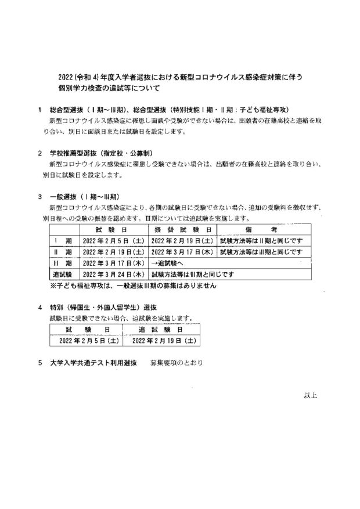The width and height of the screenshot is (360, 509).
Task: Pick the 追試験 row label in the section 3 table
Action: pos(62,273)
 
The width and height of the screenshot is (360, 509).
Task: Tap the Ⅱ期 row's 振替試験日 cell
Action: pos(182,252)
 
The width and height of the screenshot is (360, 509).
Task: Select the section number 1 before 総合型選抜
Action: pos(39,110)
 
